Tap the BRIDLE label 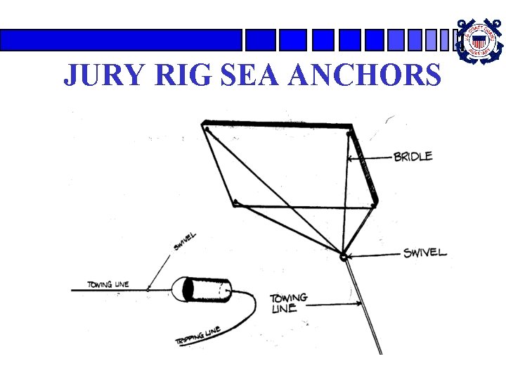[413, 157]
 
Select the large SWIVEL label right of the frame [424, 253]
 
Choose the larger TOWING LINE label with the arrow [288, 303]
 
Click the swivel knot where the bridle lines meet [344, 257]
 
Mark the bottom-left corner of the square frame [235, 203]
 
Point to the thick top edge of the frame [277, 125]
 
